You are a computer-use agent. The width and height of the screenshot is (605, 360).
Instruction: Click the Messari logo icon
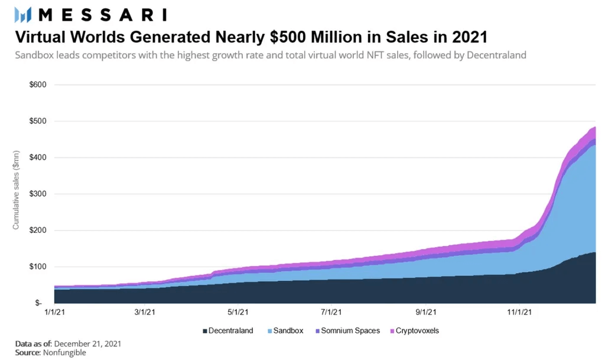tap(22, 15)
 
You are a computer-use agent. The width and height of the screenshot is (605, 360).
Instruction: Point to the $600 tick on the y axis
tap(37, 85)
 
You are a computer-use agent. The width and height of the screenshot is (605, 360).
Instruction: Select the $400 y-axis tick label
tap(37, 158)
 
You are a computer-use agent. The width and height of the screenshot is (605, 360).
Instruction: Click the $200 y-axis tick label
tap(37, 231)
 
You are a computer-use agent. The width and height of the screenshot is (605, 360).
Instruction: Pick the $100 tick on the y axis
tap(37, 267)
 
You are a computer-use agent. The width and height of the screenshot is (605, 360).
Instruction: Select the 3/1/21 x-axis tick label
tap(145, 312)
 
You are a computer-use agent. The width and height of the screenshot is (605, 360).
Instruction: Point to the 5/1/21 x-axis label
tap(238, 312)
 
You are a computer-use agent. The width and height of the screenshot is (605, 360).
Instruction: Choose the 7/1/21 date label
tap(331, 312)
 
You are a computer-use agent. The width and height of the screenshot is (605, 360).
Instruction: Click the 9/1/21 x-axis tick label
tap(426, 312)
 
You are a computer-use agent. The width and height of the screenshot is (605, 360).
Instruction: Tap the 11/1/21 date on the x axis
tap(520, 312)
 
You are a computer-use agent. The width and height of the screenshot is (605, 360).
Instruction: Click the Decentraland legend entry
tap(227, 331)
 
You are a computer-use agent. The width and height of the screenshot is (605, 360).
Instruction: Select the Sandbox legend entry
tap(285, 331)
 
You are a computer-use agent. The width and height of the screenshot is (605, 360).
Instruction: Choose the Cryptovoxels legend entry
tap(414, 331)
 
